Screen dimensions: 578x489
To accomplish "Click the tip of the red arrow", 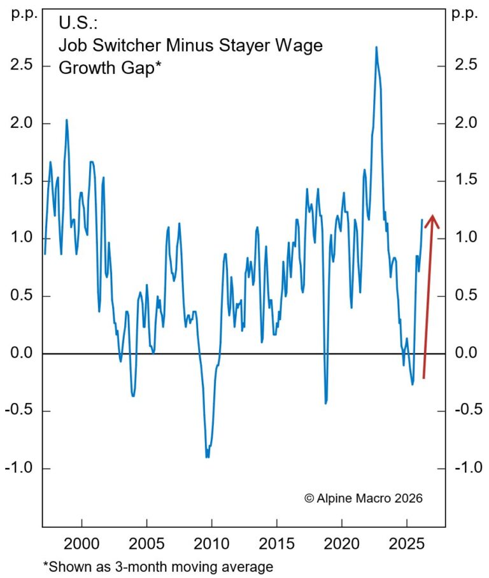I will click(x=432, y=216).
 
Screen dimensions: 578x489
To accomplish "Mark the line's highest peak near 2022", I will click(x=376, y=47).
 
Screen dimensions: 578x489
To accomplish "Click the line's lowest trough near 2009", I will click(x=208, y=456).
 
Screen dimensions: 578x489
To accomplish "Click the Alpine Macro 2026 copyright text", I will click(x=363, y=498).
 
